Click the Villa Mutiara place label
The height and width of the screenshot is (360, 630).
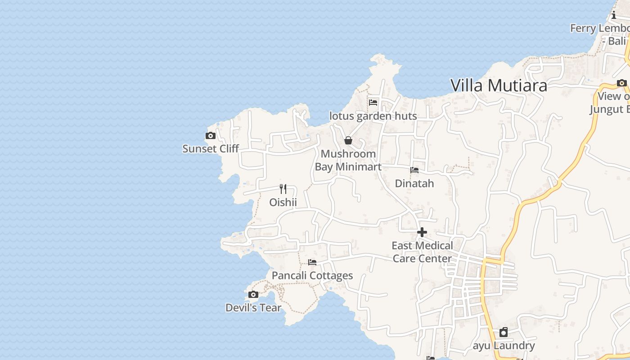[499, 85]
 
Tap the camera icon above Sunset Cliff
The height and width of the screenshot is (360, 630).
[210, 136]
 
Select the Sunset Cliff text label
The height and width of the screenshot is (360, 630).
[210, 148]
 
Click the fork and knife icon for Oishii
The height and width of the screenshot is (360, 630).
[283, 189]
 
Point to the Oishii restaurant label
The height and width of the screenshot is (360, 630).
[283, 202]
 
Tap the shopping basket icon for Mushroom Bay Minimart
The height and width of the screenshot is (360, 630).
[348, 140]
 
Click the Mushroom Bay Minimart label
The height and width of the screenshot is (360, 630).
[348, 160]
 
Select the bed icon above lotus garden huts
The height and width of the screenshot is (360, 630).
[373, 103]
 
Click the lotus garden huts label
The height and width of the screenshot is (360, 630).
[373, 116]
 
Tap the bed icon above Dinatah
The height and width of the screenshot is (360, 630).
[414, 170]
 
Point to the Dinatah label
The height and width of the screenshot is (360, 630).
[414, 184]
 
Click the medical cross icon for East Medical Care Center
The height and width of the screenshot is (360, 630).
[422, 232]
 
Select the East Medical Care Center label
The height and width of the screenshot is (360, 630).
[422, 252]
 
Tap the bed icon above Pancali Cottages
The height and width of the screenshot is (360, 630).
[312, 262]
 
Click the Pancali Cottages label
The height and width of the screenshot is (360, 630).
[312, 275]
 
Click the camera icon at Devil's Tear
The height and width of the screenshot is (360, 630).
[253, 295]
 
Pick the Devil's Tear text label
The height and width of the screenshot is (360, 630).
[253, 308]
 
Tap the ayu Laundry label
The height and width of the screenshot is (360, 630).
[504, 346]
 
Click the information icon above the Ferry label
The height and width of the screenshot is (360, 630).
[613, 15]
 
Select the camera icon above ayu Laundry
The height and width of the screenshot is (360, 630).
[504, 333]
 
